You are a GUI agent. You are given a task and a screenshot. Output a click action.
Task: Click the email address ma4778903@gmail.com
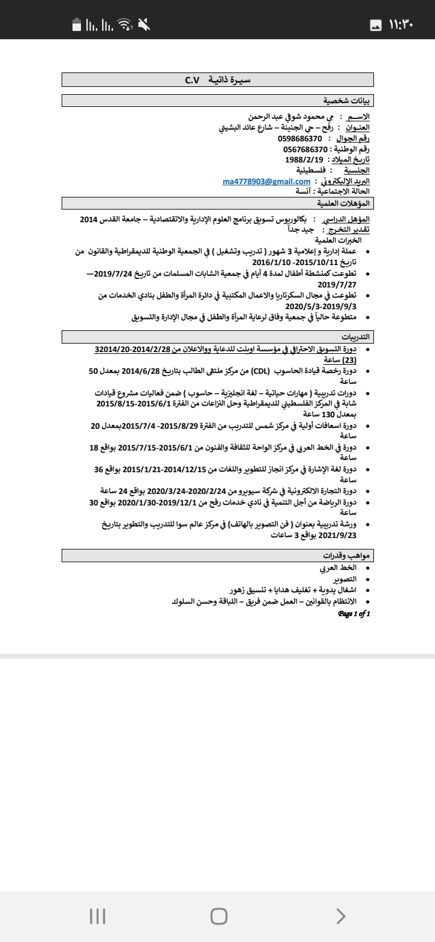(x=266, y=182)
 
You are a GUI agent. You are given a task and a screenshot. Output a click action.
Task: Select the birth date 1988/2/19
(x=304, y=160)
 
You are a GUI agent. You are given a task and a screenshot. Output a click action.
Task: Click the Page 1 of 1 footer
(x=354, y=614)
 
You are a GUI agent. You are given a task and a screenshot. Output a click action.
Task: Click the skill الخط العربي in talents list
(x=338, y=568)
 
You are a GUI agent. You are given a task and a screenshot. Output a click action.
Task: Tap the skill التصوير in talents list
(x=345, y=579)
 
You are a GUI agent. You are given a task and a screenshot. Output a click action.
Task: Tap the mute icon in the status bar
(x=144, y=25)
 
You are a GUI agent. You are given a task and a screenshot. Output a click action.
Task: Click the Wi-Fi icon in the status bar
(x=125, y=25)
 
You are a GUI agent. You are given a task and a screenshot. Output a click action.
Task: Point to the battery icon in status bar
(x=77, y=25)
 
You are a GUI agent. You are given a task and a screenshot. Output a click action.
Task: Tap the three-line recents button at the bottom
(x=97, y=916)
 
